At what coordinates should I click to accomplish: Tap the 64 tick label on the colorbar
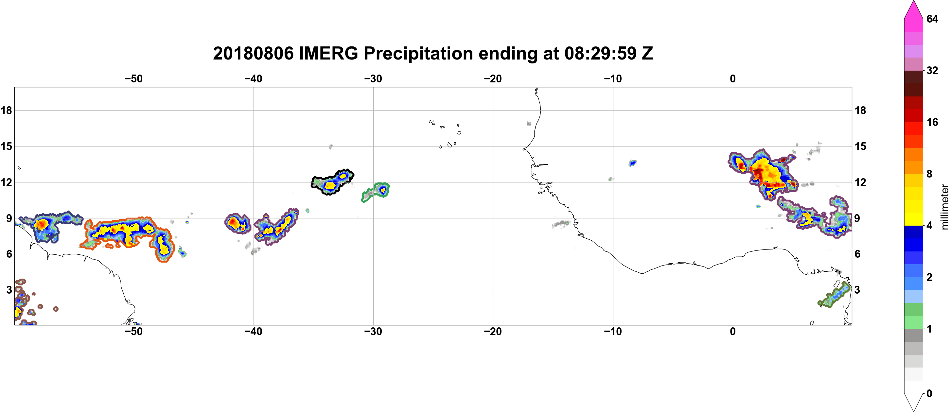click(932, 19)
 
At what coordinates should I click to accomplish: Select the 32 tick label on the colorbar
click(932, 70)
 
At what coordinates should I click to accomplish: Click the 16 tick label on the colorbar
click(932, 122)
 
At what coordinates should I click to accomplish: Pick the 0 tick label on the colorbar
click(929, 394)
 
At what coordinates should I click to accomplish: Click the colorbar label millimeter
click(944, 207)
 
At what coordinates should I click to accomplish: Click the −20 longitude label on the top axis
click(493, 79)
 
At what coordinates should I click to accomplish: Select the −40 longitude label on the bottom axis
click(253, 332)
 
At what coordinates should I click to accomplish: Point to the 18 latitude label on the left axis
click(6, 110)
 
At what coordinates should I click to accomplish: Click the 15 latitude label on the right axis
click(860, 146)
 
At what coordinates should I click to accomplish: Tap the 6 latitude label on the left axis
click(9, 254)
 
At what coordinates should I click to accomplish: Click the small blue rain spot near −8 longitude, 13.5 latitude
click(632, 163)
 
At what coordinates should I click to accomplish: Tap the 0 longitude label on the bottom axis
click(732, 332)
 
